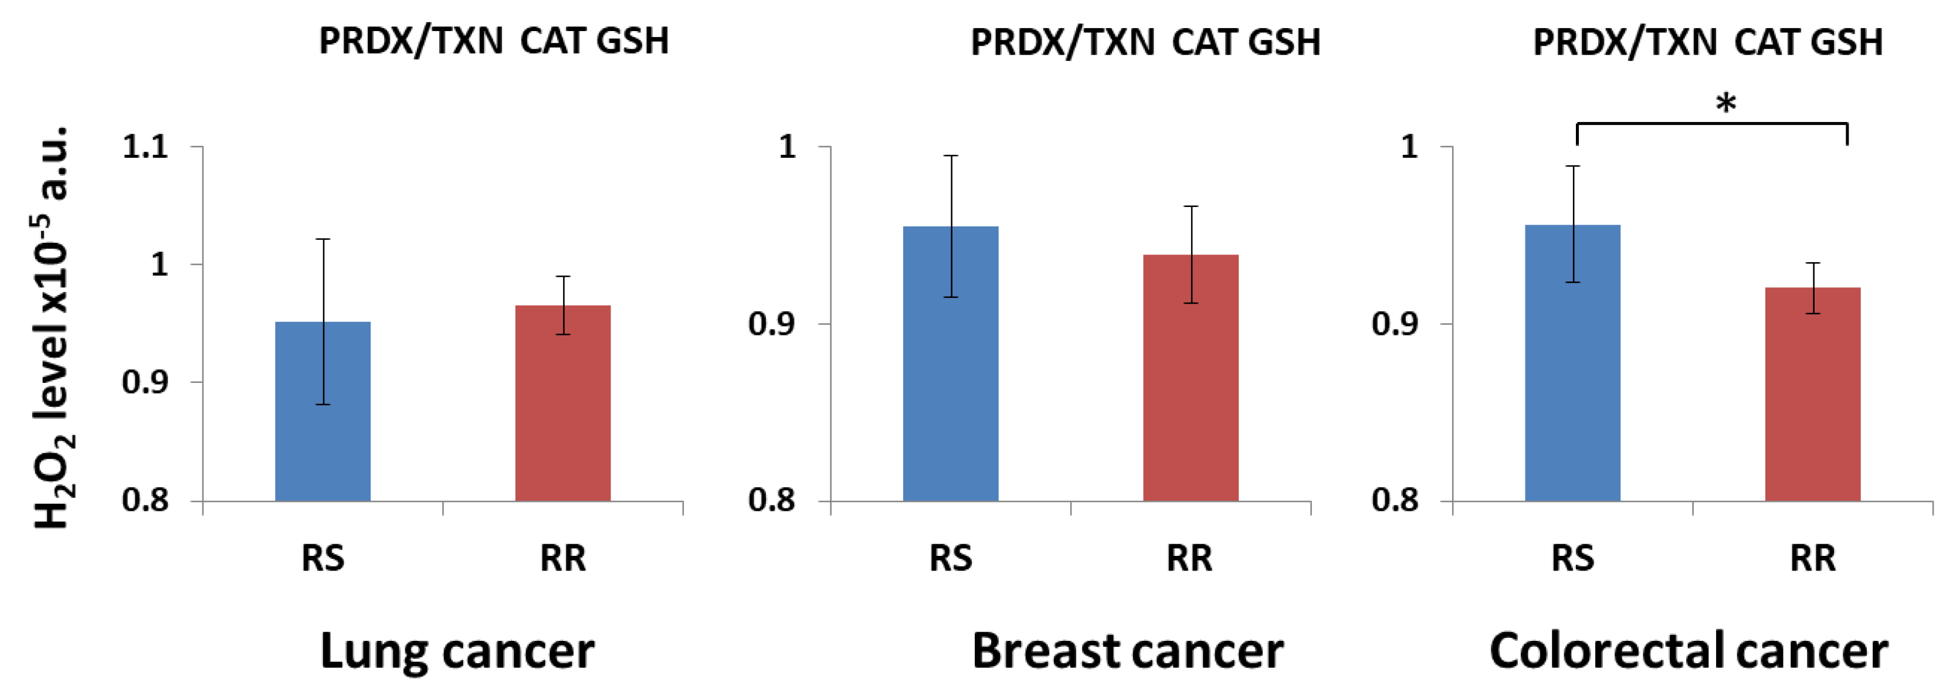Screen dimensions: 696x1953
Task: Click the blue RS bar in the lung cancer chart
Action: [x=322, y=425]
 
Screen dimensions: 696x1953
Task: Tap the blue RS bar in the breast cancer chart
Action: [x=950, y=379]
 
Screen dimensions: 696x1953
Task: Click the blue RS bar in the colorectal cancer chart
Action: [x=1572, y=379]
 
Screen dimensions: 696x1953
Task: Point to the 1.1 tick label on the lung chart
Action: [x=145, y=147]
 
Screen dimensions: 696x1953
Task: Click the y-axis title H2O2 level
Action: [x=52, y=326]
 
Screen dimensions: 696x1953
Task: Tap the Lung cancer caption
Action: [x=457, y=650]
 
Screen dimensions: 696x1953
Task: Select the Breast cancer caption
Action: [x=1127, y=650]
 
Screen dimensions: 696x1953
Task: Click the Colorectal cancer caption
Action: [x=1688, y=650]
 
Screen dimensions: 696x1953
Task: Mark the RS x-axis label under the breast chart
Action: [x=950, y=559]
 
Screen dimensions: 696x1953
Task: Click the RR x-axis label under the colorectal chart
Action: [x=1813, y=559]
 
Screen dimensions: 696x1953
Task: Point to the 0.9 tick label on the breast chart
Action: [x=771, y=324]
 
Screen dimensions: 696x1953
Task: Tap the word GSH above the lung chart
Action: [x=632, y=41]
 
